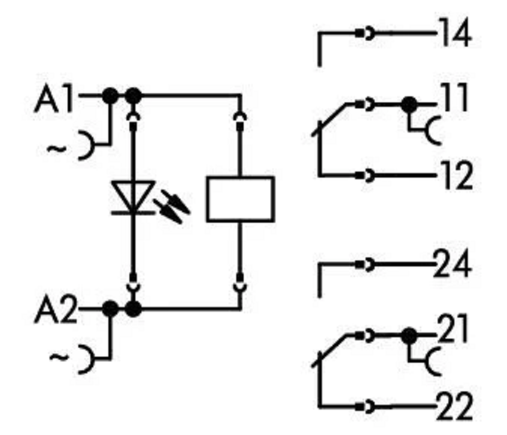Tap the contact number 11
pyautogui.click(x=454, y=99)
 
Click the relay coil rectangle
pyautogui.click(x=240, y=199)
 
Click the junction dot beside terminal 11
pyautogui.click(x=410, y=105)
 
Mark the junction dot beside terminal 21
pyautogui.click(x=410, y=335)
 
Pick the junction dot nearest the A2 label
pyautogui.click(x=110, y=309)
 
